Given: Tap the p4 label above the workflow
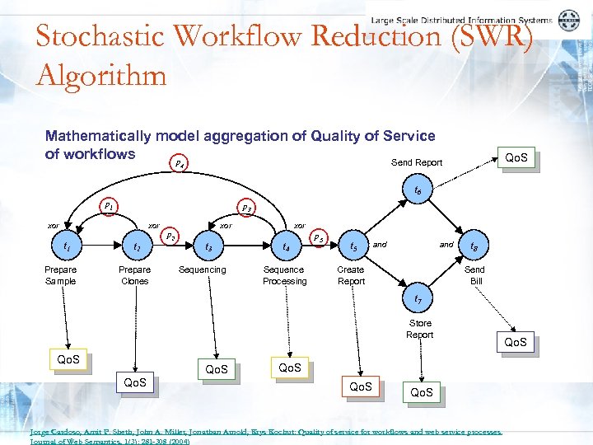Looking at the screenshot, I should (x=180, y=164).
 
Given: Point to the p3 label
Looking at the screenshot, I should (x=246, y=208).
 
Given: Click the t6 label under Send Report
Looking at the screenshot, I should (x=418, y=191).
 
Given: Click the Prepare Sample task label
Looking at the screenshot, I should (x=60, y=275).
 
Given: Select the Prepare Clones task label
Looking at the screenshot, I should (x=134, y=275).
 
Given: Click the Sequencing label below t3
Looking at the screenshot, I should (x=202, y=269).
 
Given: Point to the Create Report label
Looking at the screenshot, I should (x=351, y=275).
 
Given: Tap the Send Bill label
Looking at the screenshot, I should (x=475, y=275).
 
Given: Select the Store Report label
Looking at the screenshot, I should (x=419, y=329).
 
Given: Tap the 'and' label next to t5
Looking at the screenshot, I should (x=380, y=244).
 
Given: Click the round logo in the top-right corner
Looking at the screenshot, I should (x=568, y=21).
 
